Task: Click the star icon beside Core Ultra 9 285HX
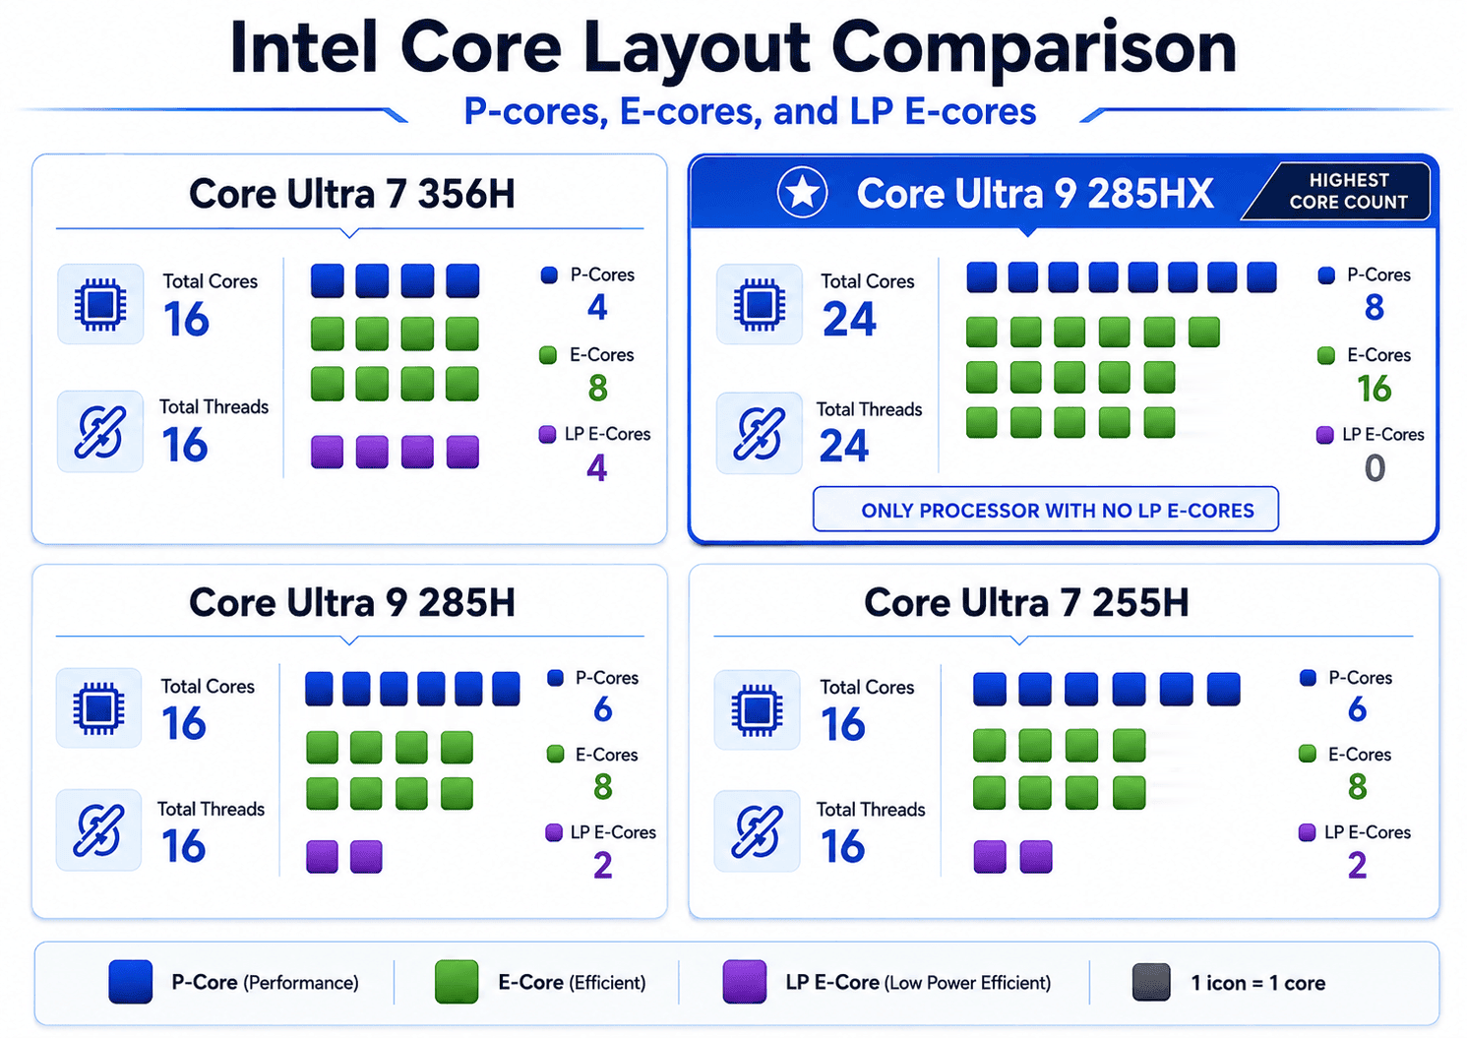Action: coord(802,193)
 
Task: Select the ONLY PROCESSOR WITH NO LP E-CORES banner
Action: coord(1045,510)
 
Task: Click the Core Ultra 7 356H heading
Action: coord(351,194)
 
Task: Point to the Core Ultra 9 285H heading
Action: coord(351,602)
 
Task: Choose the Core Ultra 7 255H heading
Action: coord(1026,602)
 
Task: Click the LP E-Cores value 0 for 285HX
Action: coord(1375,468)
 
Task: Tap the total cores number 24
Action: coord(849,319)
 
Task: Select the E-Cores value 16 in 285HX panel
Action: coord(1374,389)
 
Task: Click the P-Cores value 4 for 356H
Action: coord(596,307)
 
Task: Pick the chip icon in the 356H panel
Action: coord(100,304)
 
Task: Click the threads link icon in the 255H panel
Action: coord(757,831)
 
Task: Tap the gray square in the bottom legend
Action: coord(1151,982)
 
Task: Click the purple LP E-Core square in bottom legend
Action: coord(744,981)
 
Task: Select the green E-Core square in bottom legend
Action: coord(457,981)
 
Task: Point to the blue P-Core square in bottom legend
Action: coord(130,981)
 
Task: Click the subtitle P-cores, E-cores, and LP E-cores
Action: coord(750,111)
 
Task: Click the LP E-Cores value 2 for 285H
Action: coord(602,865)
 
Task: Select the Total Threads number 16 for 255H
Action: coord(842,846)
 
